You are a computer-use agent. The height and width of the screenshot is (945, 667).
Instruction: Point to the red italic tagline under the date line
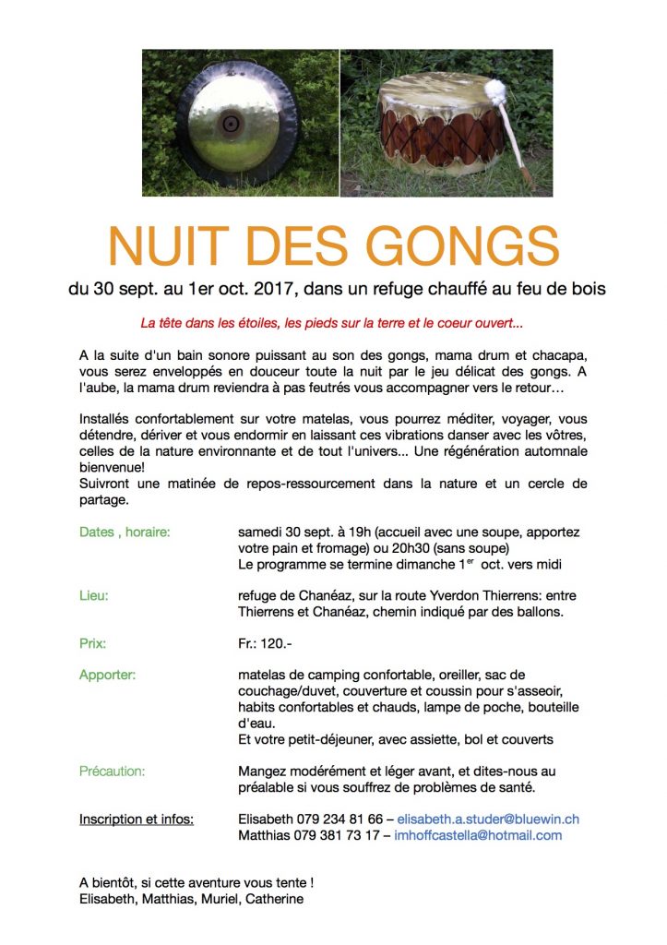(x=333, y=324)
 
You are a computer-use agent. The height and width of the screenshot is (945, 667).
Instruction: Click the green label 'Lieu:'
(x=94, y=595)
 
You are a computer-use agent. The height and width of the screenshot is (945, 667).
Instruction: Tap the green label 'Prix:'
(x=93, y=642)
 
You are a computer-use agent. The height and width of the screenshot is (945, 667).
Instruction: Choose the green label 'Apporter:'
(x=107, y=675)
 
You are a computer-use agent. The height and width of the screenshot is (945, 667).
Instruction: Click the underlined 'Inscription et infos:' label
(x=137, y=819)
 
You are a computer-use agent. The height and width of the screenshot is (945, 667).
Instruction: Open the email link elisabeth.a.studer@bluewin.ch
(x=488, y=819)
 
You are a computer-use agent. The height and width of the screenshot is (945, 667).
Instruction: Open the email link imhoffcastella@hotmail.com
(x=478, y=835)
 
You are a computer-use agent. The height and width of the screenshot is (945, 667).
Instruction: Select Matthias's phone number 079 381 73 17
(x=336, y=835)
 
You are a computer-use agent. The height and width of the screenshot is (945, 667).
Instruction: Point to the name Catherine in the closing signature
(x=273, y=899)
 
